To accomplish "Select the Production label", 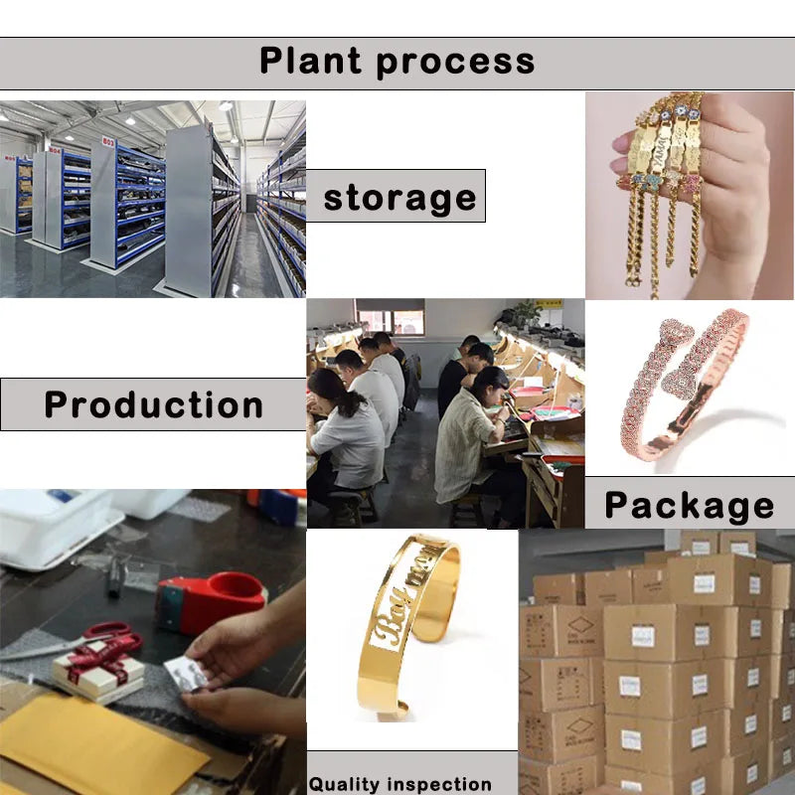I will pos(154,405).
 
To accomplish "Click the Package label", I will pos(689,506).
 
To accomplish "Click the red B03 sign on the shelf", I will pos(108,142).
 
